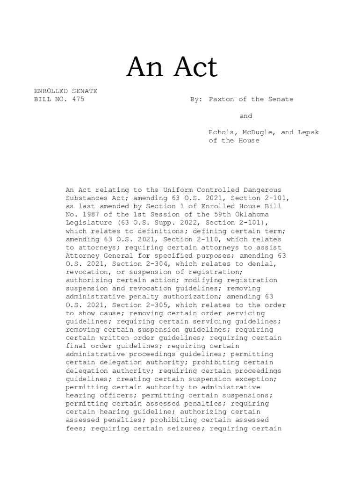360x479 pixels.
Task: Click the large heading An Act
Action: pyautogui.click(x=172, y=68)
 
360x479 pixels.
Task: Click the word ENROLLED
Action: pyautogui.click(x=50, y=91)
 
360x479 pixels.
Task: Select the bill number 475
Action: pyautogui.click(x=78, y=99)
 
